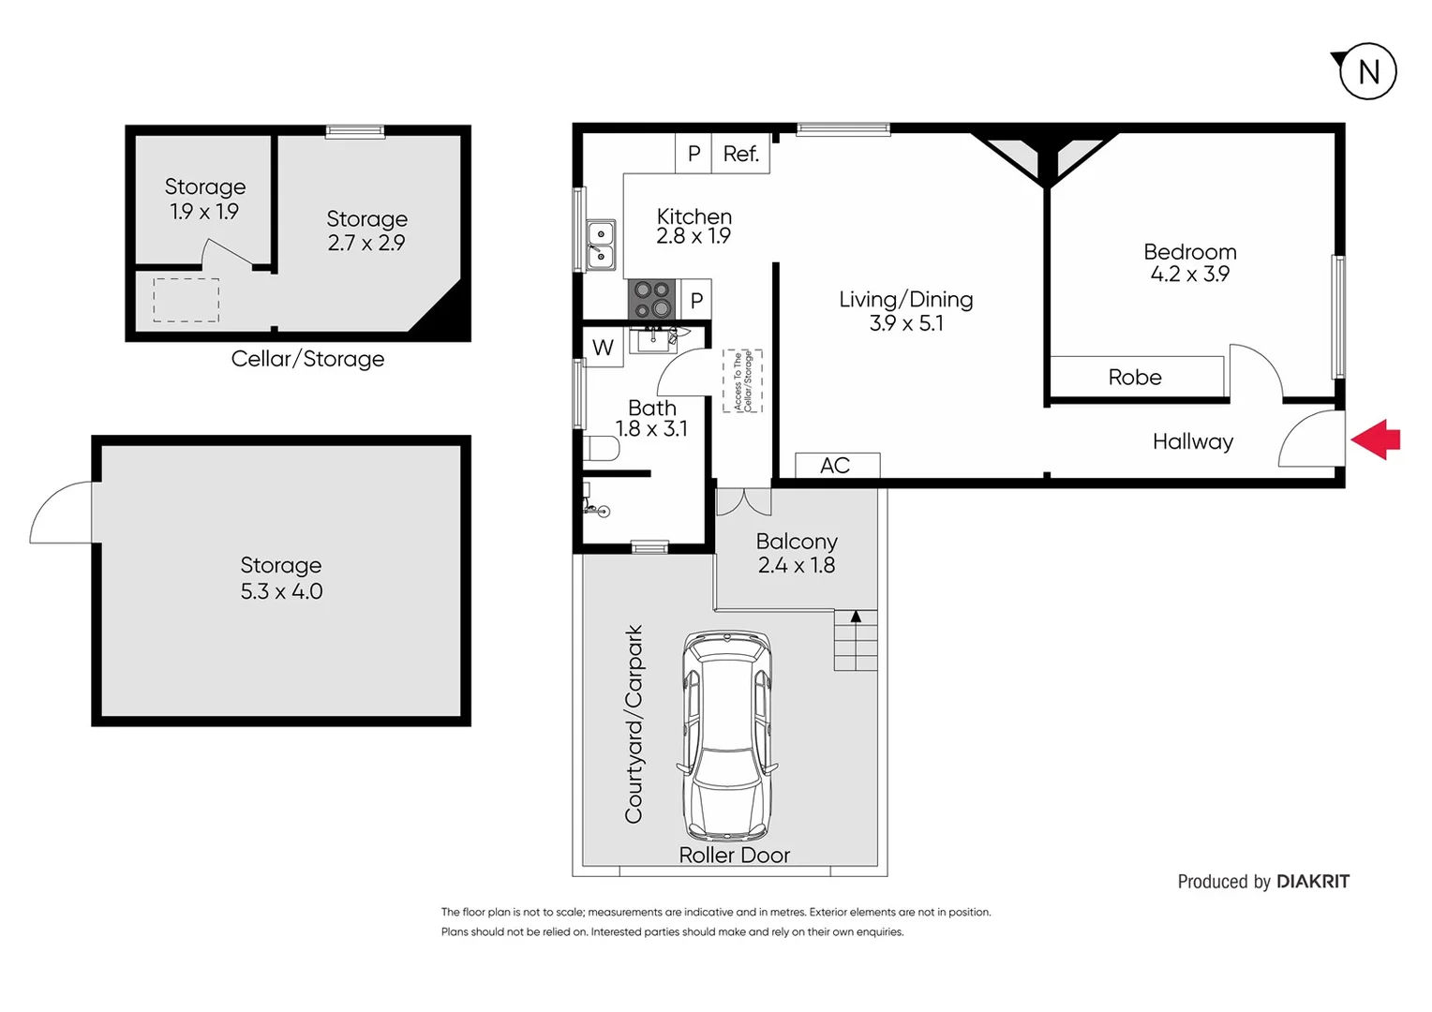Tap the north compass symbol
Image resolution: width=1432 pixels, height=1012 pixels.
click(x=1367, y=71)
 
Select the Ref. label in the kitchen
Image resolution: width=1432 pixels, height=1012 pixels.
click(x=740, y=154)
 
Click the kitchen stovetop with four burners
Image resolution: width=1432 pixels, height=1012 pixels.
click(x=652, y=300)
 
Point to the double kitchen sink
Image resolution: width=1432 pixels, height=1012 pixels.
click(x=600, y=244)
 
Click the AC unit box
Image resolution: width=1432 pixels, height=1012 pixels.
click(x=836, y=466)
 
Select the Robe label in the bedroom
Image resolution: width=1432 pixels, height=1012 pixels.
click(x=1135, y=378)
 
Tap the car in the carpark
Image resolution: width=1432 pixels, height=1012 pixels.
click(x=728, y=736)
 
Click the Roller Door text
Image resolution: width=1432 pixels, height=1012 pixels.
click(x=734, y=855)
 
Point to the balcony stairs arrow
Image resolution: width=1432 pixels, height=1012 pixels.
click(x=856, y=617)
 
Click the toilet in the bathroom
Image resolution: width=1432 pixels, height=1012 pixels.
click(x=600, y=449)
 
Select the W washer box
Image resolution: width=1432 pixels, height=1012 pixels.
click(x=603, y=348)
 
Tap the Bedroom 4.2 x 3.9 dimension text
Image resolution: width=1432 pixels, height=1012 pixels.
click(x=1189, y=275)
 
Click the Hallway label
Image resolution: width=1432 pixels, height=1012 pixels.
click(x=1192, y=441)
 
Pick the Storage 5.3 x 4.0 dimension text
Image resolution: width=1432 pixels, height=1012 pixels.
click(x=281, y=591)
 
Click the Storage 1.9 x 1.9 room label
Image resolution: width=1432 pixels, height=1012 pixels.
click(x=204, y=199)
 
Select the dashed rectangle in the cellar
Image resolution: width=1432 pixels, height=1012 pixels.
click(x=186, y=300)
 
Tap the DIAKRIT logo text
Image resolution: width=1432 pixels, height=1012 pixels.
click(x=1312, y=882)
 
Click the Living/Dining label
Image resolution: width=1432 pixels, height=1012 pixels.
click(x=905, y=299)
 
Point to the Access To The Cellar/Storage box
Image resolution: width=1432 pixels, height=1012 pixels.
click(x=742, y=381)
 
